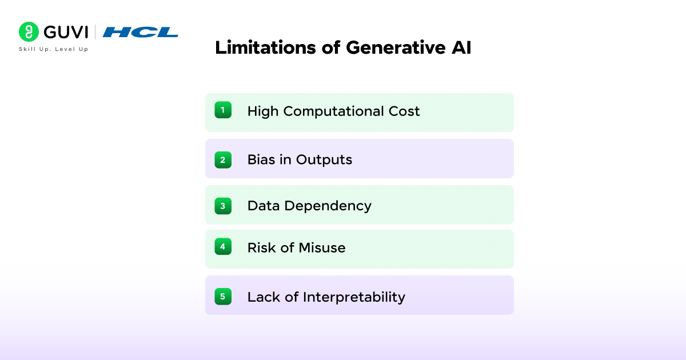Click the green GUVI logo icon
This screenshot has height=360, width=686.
coord(29,32)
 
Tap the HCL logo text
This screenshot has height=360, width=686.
coord(141,32)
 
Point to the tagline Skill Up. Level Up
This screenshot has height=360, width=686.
coord(54,49)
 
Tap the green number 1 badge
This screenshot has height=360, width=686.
coord(223,110)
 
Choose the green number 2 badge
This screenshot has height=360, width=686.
coord(223,159)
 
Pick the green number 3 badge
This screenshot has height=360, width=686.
coord(223,206)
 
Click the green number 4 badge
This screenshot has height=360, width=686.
coord(223,247)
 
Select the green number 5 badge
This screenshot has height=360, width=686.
coord(223,297)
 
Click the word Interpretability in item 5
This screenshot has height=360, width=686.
coord(354,297)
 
